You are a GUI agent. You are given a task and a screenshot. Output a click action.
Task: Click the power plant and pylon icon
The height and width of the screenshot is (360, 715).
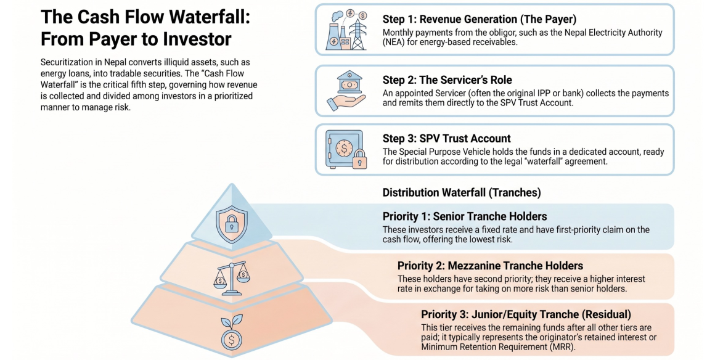[346, 29]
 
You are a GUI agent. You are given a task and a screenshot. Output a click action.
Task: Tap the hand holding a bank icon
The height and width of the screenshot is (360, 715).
[346, 91]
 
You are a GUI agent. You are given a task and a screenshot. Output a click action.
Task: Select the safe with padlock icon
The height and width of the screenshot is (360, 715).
[346, 149]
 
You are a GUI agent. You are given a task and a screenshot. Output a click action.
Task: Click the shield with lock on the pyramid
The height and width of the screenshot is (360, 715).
[231, 223]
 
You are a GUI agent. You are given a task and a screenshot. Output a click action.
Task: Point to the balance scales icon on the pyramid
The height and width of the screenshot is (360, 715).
[231, 279]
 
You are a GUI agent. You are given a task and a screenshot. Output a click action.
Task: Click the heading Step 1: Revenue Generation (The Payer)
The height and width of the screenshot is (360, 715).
[480, 19]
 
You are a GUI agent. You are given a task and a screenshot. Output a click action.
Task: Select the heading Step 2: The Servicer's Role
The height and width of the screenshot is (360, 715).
[447, 80]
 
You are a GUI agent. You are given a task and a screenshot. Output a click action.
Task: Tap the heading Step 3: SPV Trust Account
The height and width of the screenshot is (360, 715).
[446, 139]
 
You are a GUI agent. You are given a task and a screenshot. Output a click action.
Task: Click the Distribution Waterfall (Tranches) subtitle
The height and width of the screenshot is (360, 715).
[462, 192]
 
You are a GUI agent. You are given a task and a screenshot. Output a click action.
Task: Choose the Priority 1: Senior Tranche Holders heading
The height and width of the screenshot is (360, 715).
[465, 216]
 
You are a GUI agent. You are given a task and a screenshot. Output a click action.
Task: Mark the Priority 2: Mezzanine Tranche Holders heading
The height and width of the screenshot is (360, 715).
[490, 266]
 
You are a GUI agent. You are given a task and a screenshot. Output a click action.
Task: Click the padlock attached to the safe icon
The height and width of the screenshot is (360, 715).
[360, 159]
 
